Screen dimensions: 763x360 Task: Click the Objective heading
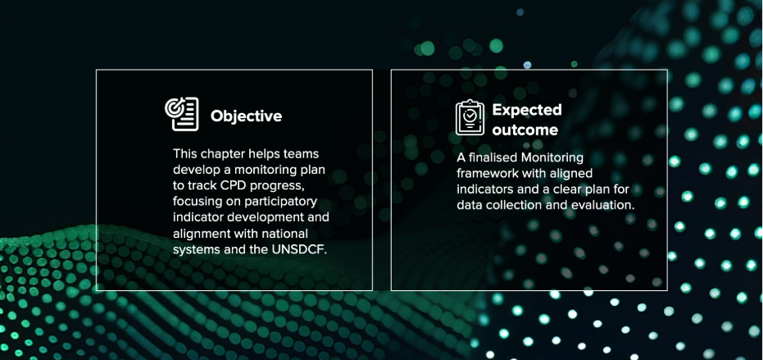coord(246,116)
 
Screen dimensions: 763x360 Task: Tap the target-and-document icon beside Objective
coord(181,114)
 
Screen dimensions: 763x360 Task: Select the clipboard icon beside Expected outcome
coord(470,117)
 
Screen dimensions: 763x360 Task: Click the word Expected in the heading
coord(527,110)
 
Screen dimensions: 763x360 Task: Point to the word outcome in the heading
coord(525,130)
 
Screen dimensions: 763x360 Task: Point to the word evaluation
coord(609,205)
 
